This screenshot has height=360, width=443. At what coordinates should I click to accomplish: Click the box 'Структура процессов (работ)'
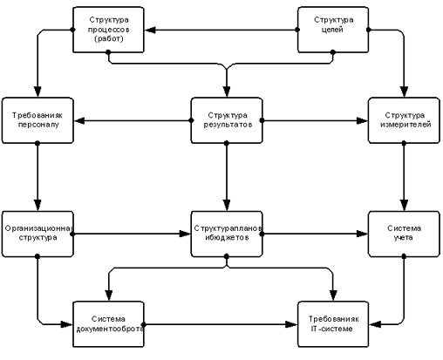108,30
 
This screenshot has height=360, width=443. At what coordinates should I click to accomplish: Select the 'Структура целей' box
333,30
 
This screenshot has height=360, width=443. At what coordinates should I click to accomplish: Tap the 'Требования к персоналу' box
37,120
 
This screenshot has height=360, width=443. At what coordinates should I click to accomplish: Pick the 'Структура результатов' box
227,120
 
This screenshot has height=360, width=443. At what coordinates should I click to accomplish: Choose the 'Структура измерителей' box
404,120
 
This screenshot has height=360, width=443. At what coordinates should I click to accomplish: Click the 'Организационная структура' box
37,234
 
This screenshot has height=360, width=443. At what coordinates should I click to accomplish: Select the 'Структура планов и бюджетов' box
227,234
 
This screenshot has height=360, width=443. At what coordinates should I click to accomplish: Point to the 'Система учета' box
404,234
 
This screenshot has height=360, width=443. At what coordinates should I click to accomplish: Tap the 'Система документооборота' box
108,324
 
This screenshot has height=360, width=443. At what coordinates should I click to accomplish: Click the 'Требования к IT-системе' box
333,324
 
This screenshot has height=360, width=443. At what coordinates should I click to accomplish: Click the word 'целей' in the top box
333,30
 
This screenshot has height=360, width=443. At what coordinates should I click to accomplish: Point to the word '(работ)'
109,38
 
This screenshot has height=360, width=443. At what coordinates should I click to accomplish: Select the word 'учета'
404,237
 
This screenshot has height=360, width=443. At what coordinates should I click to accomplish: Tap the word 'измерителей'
406,125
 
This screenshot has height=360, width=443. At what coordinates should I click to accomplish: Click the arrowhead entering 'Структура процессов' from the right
150,30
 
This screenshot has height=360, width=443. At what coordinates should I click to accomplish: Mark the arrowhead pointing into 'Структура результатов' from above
227,92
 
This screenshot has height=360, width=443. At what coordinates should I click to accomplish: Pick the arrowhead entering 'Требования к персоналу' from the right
79,120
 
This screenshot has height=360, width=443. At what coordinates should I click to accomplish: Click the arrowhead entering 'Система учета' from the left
362,234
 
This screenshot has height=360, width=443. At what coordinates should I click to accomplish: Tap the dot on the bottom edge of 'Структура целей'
333,52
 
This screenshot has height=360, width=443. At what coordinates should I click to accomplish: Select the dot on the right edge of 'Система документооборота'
144,324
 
